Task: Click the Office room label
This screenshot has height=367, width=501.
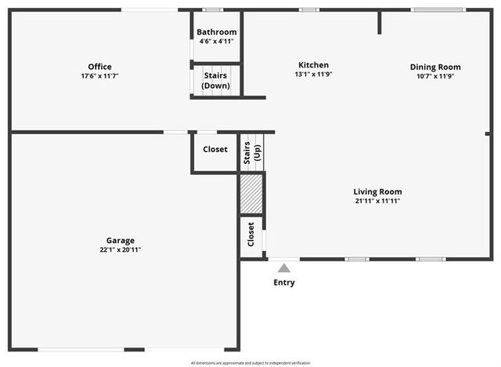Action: pyautogui.click(x=99, y=67)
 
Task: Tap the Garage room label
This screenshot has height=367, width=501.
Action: pyautogui.click(x=121, y=241)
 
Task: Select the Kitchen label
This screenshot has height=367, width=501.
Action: pyautogui.click(x=313, y=65)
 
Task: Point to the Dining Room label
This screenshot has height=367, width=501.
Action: pyautogui.click(x=435, y=67)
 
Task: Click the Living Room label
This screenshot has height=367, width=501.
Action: pyautogui.click(x=377, y=191)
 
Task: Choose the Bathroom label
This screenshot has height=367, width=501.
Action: pyautogui.click(x=217, y=32)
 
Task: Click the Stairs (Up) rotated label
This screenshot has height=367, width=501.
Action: pyautogui.click(x=251, y=152)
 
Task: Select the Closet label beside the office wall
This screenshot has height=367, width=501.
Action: pyautogui.click(x=215, y=149)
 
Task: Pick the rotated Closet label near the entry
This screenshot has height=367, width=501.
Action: pyautogui.click(x=251, y=234)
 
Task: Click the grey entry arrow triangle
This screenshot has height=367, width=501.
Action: pyautogui.click(x=283, y=268)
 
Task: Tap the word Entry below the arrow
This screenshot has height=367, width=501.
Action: pyautogui.click(x=284, y=283)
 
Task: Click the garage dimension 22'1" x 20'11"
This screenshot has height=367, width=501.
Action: pyautogui.click(x=121, y=250)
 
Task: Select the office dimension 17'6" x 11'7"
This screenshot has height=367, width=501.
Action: pyautogui.click(x=99, y=76)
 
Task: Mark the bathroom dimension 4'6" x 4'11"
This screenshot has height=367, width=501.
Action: pyautogui.click(x=217, y=41)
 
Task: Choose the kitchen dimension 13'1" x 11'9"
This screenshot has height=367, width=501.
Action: pyautogui.click(x=313, y=75)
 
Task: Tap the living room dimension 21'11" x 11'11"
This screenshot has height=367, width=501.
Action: pyautogui.click(x=377, y=201)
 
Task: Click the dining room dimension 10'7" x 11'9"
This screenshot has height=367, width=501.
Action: pyautogui.click(x=435, y=76)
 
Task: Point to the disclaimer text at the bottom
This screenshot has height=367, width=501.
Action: pyautogui.click(x=250, y=363)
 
